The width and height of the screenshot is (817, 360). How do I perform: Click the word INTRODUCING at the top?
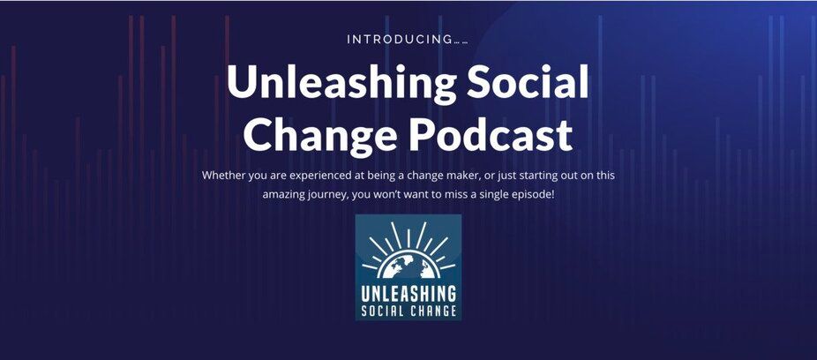click(x=399, y=40)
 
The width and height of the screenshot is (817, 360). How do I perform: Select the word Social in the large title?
click(x=528, y=81)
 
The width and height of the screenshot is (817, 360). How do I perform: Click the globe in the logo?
click(x=408, y=266)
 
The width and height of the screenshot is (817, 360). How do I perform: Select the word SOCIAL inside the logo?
click(x=383, y=311)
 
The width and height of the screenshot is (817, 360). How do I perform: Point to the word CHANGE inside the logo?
click(x=432, y=311)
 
